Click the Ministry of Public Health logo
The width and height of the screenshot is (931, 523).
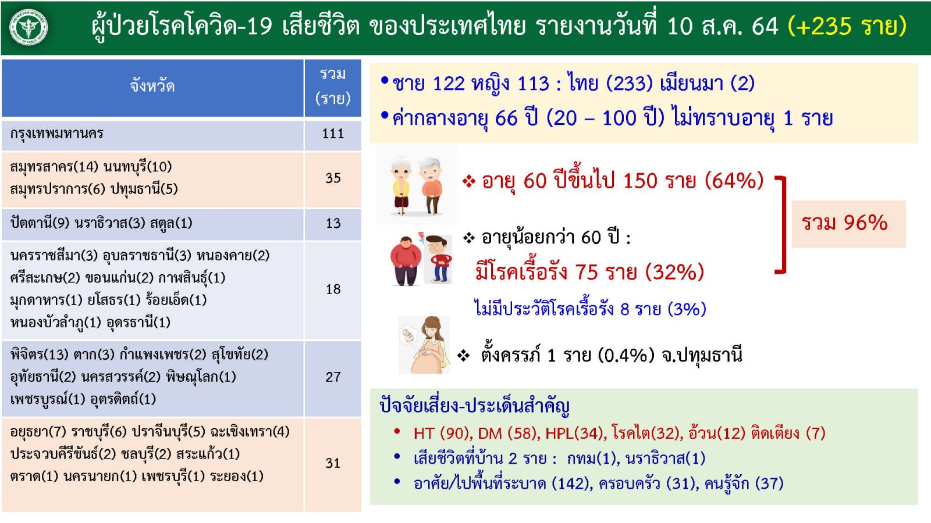29,27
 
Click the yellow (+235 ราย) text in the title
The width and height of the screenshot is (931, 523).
847,26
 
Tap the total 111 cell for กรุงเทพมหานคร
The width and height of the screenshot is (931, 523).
333,134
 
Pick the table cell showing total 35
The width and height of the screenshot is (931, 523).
333,178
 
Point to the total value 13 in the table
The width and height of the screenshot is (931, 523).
333,224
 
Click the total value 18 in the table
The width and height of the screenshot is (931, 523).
333,289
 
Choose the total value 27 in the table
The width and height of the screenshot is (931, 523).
333,377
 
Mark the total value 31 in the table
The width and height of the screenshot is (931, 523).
333,463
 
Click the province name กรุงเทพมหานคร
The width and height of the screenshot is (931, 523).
56,134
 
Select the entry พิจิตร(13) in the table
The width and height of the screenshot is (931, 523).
39,354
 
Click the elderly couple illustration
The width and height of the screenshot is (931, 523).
416,185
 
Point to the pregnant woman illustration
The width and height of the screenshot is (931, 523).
424,345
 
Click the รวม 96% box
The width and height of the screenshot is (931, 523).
848,224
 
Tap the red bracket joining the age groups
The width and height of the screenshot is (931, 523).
784,224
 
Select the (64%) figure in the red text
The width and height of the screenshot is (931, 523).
734,181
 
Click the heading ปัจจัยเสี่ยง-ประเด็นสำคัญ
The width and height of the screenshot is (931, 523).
474,406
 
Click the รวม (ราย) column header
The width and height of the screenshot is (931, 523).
333,87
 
